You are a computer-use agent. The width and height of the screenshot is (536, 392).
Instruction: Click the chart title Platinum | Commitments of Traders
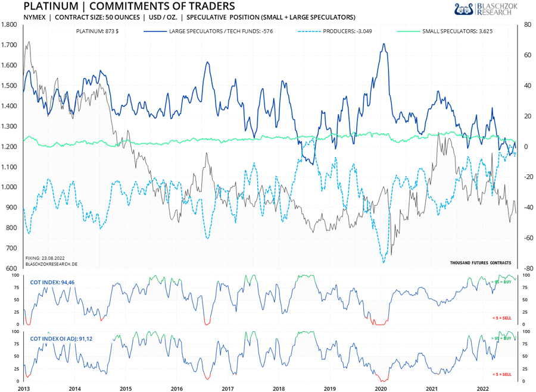(121, 7)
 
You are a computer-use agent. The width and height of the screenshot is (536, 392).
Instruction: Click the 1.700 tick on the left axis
(9, 45)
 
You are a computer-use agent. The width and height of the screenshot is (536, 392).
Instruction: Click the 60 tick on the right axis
(528, 55)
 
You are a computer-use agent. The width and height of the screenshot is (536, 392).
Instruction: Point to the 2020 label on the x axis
(381, 387)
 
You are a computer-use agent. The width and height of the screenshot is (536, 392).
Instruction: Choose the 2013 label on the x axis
(24, 387)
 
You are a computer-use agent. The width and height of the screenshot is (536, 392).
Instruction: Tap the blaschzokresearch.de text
(51, 263)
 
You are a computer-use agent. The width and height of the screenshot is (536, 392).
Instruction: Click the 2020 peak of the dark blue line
(384, 44)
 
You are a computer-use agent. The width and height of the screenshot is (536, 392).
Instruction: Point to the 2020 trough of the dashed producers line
(384, 262)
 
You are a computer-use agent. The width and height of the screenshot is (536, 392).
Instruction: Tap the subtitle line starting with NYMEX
(189, 17)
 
